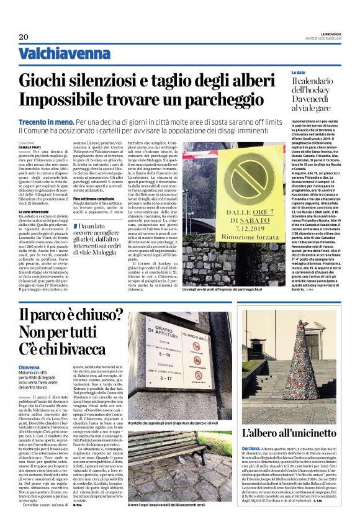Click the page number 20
pyautogui.click(x=24, y=37)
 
